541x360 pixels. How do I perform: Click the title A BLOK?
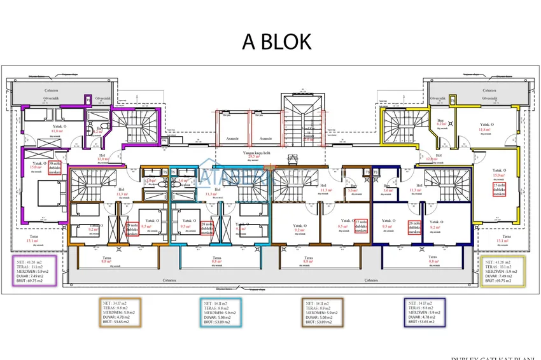(277, 41)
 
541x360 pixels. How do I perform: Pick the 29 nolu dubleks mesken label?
(132, 229)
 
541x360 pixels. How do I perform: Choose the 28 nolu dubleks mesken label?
(207, 228)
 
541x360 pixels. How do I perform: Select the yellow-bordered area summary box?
(503, 272)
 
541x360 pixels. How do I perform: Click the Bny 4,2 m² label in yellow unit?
(440, 122)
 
